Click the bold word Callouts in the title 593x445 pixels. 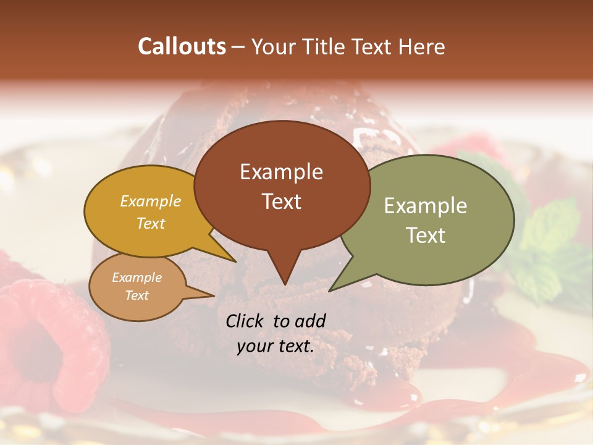coord(182,46)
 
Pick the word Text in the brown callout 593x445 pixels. coord(281,201)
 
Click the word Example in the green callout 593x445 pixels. coord(425,206)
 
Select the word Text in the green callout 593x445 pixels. coord(425,235)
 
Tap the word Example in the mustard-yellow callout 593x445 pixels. coord(150,201)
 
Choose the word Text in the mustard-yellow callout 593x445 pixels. coord(150,223)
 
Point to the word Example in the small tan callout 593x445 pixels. coord(137,278)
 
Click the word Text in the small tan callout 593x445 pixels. coord(137,295)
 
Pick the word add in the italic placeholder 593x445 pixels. coord(311,321)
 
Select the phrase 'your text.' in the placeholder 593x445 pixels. coord(275,346)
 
